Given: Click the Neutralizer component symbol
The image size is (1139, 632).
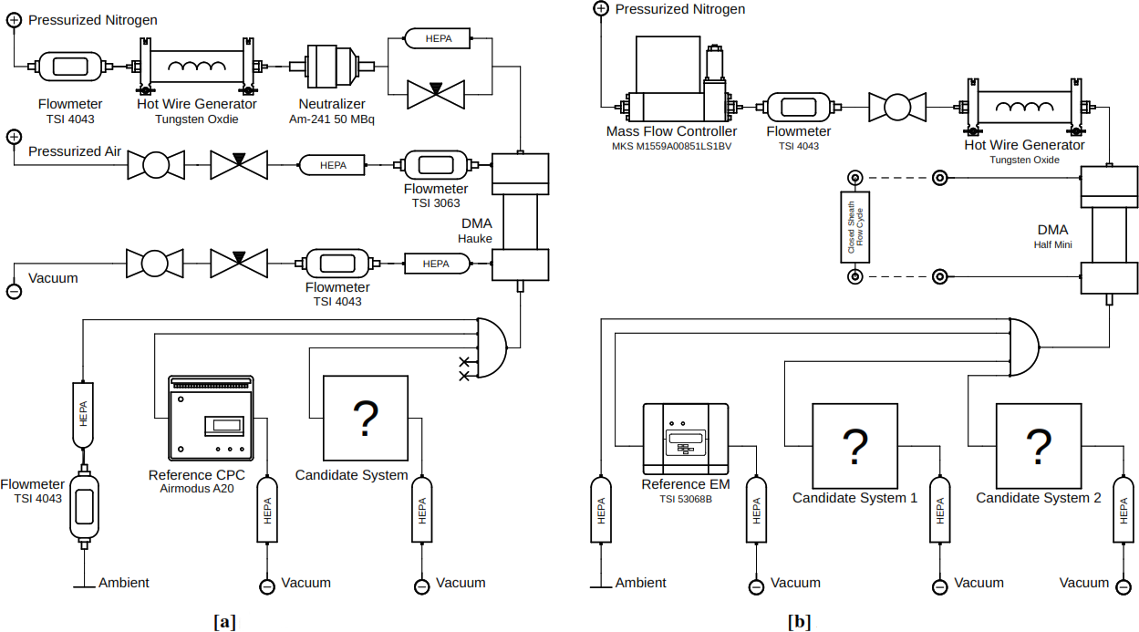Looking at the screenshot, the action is tap(332, 66).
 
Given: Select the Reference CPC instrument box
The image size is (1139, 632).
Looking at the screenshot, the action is tap(211, 418).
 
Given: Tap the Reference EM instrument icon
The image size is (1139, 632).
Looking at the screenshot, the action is tap(686, 440).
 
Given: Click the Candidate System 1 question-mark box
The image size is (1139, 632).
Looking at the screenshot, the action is tap(854, 446).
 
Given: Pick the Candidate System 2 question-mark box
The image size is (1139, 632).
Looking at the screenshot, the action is tap(1039, 446).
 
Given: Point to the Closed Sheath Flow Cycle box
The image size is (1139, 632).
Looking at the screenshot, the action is tap(854, 227).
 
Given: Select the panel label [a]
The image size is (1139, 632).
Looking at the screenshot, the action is tap(224, 621).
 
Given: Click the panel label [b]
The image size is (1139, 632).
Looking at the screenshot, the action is tap(800, 621).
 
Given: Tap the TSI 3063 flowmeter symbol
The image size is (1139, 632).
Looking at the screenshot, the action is tap(436, 165).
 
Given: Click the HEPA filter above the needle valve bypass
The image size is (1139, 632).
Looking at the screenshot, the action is tap(438, 38).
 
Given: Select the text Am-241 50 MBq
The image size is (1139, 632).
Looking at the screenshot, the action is tap(332, 119).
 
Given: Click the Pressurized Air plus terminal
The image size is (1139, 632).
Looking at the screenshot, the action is tap(14, 137).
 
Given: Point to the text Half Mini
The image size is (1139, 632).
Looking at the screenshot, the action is tap(1052, 244).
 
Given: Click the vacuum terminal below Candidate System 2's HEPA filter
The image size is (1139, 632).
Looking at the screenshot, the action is tap(1123, 587).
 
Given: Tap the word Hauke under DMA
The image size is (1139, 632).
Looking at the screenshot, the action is tap(474, 238).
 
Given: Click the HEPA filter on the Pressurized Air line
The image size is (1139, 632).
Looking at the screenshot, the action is tap(333, 165).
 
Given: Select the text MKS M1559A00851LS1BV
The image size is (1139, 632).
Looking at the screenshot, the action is tap(671, 147).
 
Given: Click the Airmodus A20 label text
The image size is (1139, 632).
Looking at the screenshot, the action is tap(197, 489).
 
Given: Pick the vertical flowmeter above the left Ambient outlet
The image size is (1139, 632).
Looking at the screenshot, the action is tap(85, 506).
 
